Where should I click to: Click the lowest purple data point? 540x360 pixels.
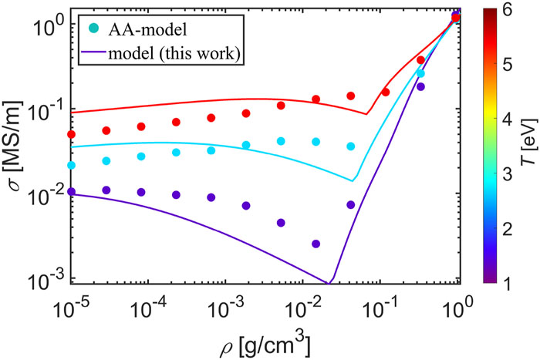(x=316, y=244)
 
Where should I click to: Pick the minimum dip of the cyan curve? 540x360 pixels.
(x=353, y=180)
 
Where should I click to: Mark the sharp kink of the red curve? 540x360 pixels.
(x=366, y=114)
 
